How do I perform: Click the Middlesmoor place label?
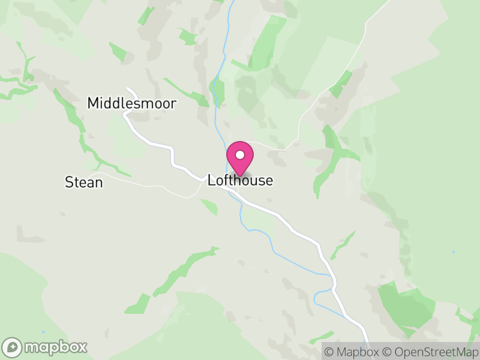coord(132,103)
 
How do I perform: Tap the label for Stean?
coord(84,182)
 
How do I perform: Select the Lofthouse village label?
coord(240,180)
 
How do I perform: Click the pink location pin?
coord(240,157)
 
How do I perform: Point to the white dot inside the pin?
coord(240,155)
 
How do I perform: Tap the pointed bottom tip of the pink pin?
coord(240,176)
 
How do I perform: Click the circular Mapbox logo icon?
coord(12,347)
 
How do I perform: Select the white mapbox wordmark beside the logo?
coord(55,347)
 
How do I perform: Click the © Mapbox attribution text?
coord(352,352)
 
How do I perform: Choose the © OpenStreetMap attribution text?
coord(428,352)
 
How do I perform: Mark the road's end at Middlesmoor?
coord(128,90)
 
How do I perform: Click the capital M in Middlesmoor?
coord(94,103)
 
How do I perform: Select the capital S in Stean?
coord(69,182)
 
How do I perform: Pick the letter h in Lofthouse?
coord(236,180)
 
